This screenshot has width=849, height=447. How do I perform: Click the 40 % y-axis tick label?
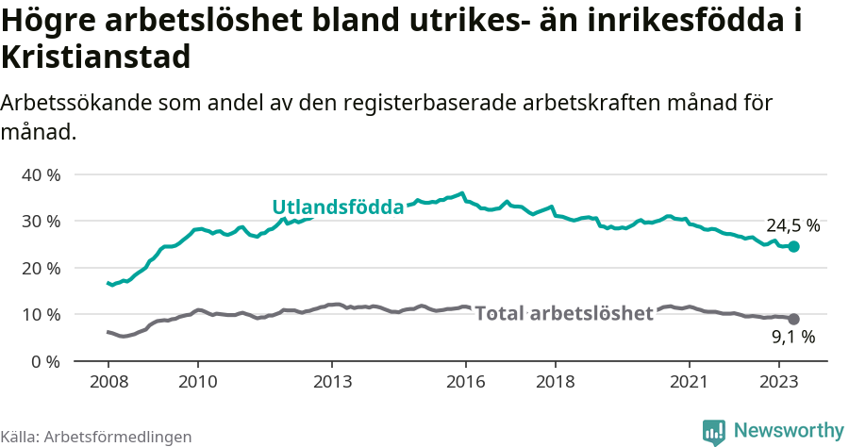click(x=41, y=174)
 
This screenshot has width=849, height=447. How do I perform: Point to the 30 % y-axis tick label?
click(x=41, y=221)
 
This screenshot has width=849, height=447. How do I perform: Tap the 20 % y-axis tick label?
click(x=41, y=268)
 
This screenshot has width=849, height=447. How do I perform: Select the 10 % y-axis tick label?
click(x=41, y=314)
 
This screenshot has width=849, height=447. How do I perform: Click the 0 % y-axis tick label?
click(x=45, y=361)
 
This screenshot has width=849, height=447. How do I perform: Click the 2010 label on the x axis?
click(x=197, y=382)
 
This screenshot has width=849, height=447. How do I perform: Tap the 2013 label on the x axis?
click(x=332, y=382)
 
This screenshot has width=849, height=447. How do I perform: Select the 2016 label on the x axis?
click(x=466, y=382)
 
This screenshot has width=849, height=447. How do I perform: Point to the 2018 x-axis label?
click(x=556, y=382)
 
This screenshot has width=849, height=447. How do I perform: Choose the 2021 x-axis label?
click(x=690, y=382)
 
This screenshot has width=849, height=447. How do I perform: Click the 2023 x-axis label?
click(x=779, y=382)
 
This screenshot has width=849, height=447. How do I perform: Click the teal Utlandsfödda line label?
click(x=338, y=207)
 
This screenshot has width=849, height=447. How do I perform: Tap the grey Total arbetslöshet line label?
click(x=564, y=313)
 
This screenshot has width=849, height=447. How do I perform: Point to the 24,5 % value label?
click(x=792, y=226)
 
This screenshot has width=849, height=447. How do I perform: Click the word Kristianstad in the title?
click(x=96, y=58)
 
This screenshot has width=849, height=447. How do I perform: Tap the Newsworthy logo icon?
click(x=714, y=431)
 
